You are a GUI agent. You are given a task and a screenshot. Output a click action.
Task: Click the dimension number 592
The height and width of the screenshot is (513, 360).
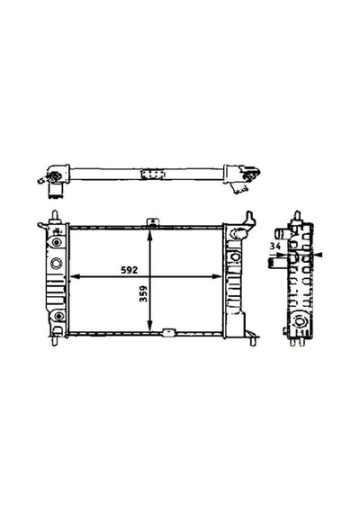[130, 270]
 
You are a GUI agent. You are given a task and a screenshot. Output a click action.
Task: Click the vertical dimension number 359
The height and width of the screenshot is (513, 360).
[143, 293]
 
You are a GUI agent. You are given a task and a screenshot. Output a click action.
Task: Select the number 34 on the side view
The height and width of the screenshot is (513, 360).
[275, 247]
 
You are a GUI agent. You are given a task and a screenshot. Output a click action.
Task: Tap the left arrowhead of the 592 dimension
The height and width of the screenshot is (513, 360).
[76, 277]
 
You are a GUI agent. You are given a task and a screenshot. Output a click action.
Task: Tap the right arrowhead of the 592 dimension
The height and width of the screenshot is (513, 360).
[217, 277]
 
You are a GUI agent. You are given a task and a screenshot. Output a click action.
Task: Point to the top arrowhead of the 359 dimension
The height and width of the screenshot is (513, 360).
[149, 234]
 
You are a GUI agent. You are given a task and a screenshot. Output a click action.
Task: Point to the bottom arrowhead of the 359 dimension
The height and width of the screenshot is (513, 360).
[149, 326]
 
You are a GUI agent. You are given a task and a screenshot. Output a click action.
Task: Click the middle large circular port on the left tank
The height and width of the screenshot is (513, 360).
[57, 263]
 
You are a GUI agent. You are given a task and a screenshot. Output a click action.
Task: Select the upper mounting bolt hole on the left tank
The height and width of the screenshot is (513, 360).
[58, 242]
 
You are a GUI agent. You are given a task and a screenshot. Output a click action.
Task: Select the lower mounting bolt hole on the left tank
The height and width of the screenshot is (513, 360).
[58, 317]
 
